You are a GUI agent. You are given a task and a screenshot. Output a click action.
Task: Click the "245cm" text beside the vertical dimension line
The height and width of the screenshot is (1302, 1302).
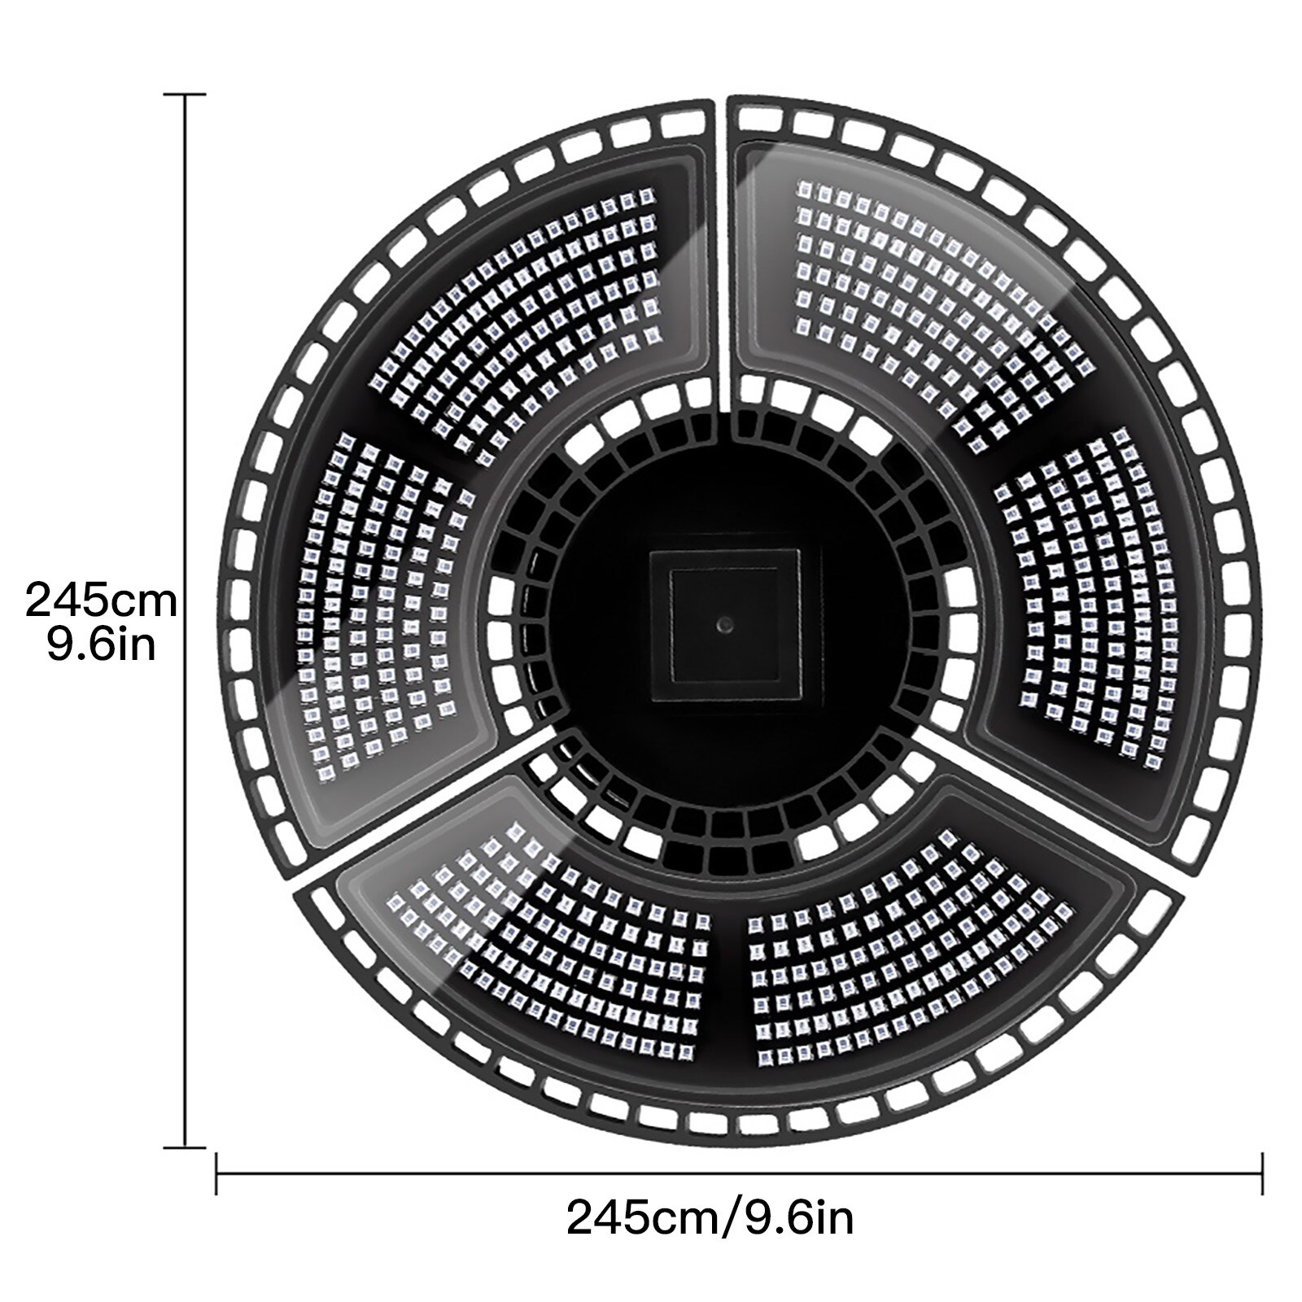click(101, 601)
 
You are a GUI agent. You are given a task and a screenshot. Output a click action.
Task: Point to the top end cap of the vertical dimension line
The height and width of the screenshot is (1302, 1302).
click(186, 95)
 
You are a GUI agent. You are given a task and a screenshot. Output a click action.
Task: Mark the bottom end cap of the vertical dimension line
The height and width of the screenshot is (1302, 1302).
click(186, 1147)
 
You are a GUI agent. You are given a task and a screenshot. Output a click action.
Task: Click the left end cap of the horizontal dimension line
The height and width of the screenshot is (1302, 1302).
click(216, 1173)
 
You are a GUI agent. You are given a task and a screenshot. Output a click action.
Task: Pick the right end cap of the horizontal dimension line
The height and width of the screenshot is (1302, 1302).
click(1262, 1173)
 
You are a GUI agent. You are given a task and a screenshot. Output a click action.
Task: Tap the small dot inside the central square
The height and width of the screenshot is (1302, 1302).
click(723, 623)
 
